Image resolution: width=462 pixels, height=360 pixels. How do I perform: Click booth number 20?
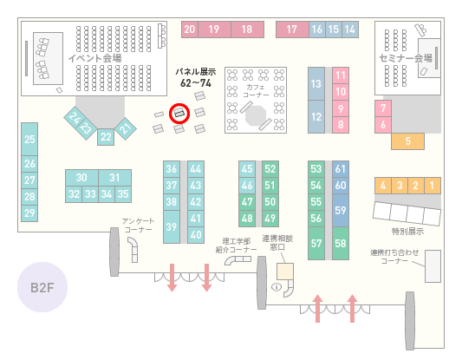tap(190, 29)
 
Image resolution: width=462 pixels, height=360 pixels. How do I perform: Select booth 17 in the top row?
tap(292, 29)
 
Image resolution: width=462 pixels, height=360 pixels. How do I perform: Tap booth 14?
tap(350, 29)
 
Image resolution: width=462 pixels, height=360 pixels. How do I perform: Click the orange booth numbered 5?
tap(407, 141)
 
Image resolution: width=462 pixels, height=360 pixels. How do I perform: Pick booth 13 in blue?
tap(316, 84)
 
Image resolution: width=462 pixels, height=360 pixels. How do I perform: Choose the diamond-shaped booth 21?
tap(126, 128)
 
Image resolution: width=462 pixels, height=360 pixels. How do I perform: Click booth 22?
tap(106, 137)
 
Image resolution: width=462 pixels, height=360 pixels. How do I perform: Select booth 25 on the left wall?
tap(29, 139)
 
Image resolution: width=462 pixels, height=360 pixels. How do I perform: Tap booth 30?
tap(81, 178)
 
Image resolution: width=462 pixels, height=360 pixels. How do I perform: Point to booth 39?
tap(172, 226)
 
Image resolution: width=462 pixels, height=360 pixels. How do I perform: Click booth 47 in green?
tap(247, 202)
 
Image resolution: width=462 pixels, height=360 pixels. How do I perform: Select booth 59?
tap(341, 210)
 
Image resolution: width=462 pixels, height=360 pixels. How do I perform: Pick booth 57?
tap(316, 243)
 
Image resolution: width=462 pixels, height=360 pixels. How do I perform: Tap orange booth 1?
tap(433, 186)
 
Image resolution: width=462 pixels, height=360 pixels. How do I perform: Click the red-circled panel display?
tap(179, 114)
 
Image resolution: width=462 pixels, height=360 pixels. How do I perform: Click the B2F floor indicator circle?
tap(42, 287)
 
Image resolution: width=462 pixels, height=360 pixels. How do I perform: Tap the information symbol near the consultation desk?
tap(277, 286)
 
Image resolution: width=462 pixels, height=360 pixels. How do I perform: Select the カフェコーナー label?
tap(256, 91)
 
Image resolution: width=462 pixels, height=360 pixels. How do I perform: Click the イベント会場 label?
tap(94, 58)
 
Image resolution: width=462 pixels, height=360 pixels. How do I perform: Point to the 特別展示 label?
tap(407, 231)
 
